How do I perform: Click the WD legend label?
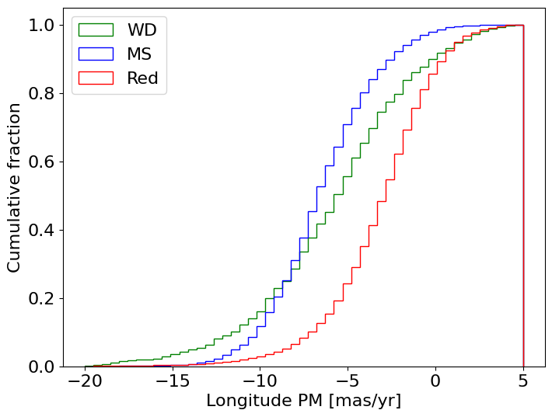142,30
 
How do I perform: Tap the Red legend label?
142,78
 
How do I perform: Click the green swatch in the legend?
96,30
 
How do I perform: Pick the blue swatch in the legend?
96,54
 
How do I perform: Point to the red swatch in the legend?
96,78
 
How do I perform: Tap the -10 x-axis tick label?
258,381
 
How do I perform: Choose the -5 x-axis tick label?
347,381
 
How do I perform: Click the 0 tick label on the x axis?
435,381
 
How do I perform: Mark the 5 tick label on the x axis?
523,381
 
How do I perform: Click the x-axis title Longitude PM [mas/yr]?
303,401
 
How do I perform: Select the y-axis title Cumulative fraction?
15,187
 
